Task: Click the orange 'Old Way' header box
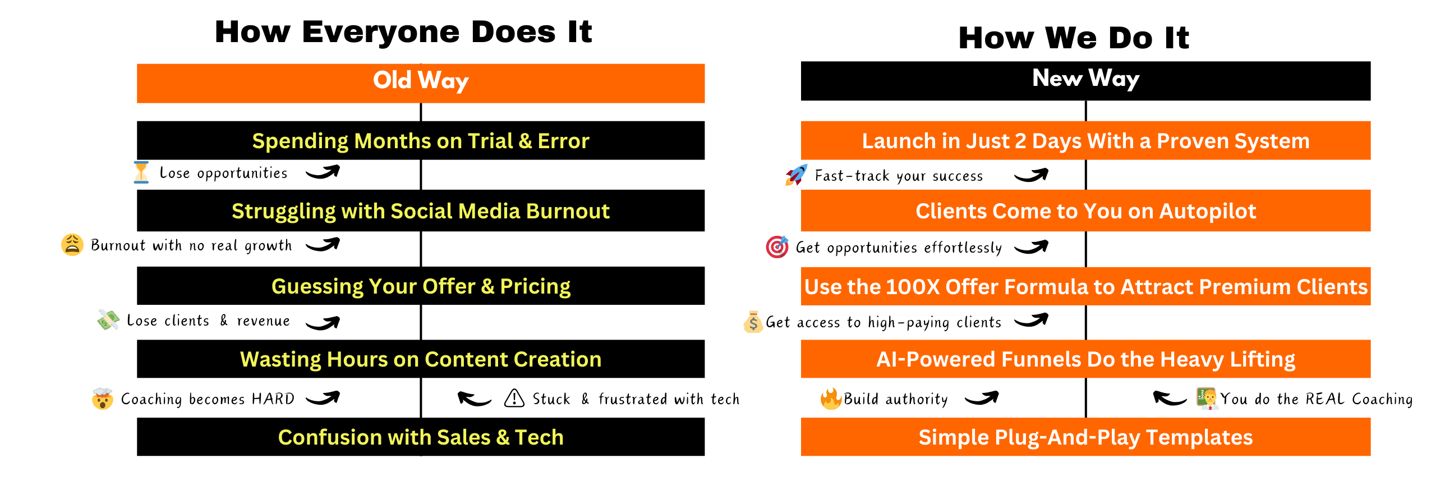(421, 83)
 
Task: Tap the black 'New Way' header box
(1085, 81)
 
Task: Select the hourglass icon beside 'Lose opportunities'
(141, 172)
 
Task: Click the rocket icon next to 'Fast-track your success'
(796, 175)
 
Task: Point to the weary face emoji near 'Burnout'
(72, 245)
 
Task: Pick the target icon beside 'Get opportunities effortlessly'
(777, 247)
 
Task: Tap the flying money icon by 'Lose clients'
(108, 320)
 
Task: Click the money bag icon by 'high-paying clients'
(753, 322)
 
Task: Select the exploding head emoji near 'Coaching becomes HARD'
(102, 399)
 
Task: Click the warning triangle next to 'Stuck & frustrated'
(514, 398)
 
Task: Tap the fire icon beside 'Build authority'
(831, 399)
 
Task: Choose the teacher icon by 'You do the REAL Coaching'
(1206, 398)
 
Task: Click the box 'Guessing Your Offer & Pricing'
(421, 286)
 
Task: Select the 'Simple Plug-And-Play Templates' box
(1085, 437)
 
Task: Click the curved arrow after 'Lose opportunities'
(323, 172)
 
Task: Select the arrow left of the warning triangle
(473, 399)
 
